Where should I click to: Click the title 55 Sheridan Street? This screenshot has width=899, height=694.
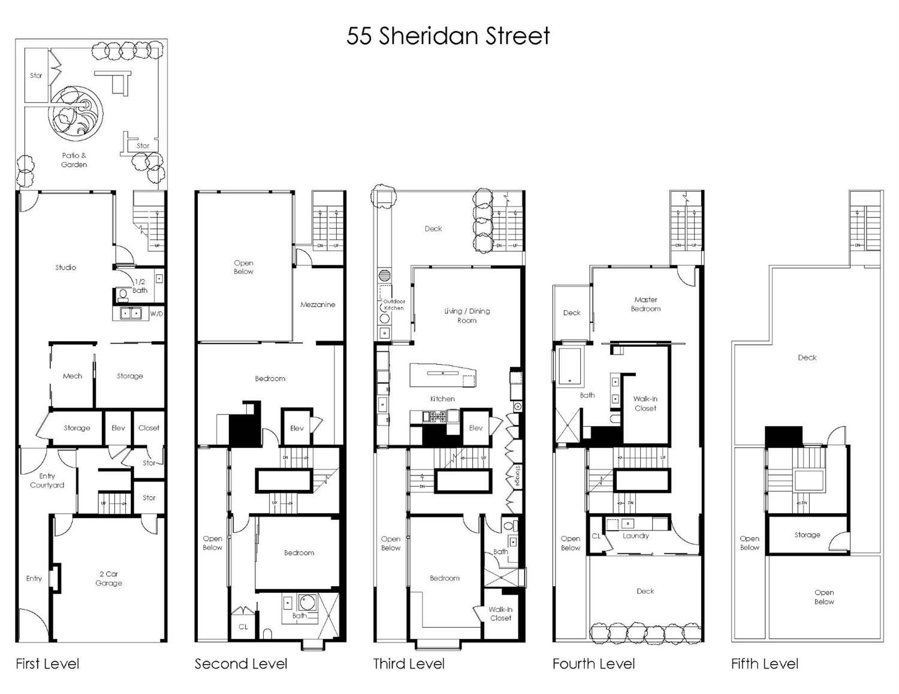pyautogui.click(x=448, y=36)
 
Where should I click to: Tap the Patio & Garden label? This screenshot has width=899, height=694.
pyautogui.click(x=74, y=160)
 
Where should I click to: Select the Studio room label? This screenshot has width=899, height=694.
pyautogui.click(x=65, y=267)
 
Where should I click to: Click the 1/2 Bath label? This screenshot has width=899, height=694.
pyautogui.click(x=140, y=286)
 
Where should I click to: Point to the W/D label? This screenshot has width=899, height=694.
pyautogui.click(x=156, y=313)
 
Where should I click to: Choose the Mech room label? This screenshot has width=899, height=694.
pyautogui.click(x=73, y=376)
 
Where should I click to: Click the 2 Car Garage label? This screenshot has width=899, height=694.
pyautogui.click(x=108, y=578)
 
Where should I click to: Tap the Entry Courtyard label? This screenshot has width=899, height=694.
pyautogui.click(x=47, y=480)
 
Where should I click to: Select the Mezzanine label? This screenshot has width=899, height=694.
pyautogui.click(x=318, y=304)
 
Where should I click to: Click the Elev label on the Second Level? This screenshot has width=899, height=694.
pyautogui.click(x=297, y=428)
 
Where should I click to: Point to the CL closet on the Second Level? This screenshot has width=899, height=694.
pyautogui.click(x=243, y=626)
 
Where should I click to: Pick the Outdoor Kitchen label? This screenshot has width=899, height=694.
pyautogui.click(x=394, y=305)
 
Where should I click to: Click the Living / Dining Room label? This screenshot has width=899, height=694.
pyautogui.click(x=467, y=316)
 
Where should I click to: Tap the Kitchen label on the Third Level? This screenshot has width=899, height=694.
pyautogui.click(x=442, y=399)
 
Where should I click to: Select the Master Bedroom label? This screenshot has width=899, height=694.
pyautogui.click(x=645, y=304)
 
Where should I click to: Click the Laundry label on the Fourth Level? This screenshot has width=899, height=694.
pyautogui.click(x=635, y=535)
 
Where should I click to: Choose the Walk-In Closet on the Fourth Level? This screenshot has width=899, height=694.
pyautogui.click(x=645, y=404)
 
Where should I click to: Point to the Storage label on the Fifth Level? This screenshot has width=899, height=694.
pyautogui.click(x=807, y=535)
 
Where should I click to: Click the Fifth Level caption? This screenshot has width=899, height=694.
pyautogui.click(x=765, y=663)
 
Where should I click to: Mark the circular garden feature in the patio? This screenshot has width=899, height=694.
pyautogui.click(x=76, y=113)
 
